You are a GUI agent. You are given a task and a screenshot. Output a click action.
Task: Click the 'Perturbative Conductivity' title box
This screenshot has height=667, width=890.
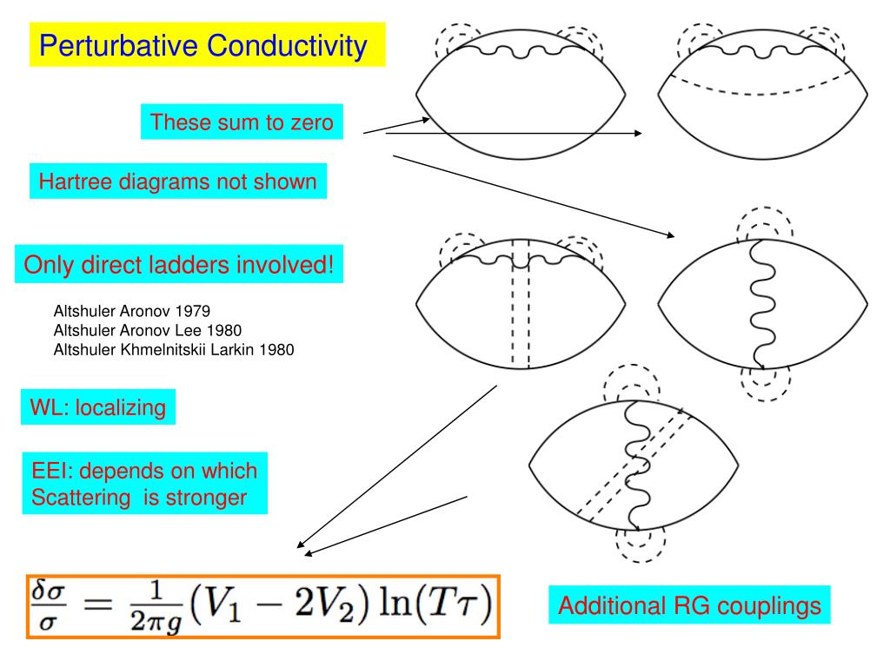click(207, 45)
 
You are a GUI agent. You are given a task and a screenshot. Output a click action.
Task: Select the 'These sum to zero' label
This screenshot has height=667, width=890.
click(242, 122)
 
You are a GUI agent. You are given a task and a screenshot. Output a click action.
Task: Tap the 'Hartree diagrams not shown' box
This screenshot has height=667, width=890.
click(178, 182)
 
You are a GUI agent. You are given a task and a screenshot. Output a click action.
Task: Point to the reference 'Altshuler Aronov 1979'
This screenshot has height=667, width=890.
click(132, 310)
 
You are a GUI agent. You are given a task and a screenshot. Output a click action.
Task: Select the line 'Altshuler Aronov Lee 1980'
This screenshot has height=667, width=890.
click(148, 330)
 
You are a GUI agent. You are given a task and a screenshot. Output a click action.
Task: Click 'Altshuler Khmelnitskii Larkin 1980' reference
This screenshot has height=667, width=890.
click(174, 350)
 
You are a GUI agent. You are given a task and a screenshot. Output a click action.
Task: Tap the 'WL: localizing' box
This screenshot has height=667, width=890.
click(98, 406)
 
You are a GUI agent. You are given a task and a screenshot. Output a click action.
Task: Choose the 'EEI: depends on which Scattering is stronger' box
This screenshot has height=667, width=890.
click(144, 484)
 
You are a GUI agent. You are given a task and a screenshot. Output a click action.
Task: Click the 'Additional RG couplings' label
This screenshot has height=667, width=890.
click(689, 605)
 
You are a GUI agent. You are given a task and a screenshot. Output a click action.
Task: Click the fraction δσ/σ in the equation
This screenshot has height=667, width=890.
click(49, 606)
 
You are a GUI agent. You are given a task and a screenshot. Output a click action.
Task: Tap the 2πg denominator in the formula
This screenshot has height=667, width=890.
click(141, 619)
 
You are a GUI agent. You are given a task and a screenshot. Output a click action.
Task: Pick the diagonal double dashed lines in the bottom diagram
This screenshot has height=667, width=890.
click(634, 465)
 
